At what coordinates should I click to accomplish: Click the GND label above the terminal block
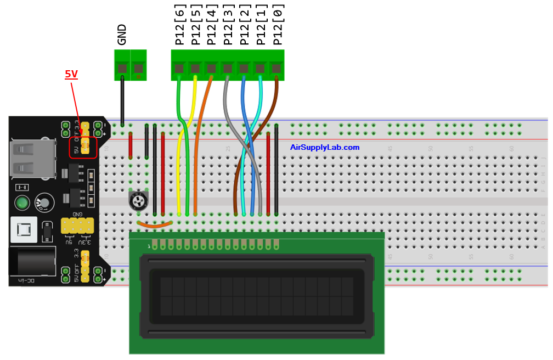(122, 34)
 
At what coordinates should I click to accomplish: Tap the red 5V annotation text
(71, 74)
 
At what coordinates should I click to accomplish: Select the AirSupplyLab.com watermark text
(325, 147)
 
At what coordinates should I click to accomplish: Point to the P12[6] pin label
(179, 25)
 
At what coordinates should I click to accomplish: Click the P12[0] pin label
(278, 25)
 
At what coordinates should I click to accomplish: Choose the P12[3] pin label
(228, 25)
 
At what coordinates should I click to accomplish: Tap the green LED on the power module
(22, 203)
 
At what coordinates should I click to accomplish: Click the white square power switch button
(23, 230)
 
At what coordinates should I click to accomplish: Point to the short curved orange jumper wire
(155, 224)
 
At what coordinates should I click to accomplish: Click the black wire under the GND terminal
(122, 99)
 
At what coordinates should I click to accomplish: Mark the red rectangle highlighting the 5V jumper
(83, 148)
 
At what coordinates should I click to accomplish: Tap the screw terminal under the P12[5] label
(195, 69)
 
